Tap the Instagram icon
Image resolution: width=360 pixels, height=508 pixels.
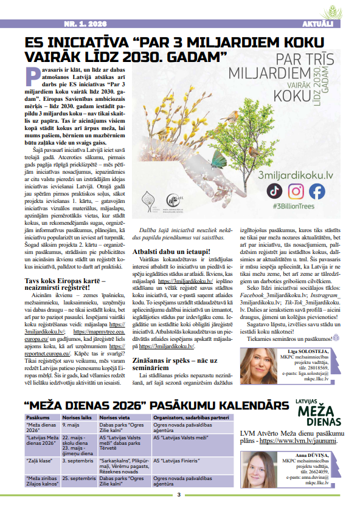click(x=296, y=191)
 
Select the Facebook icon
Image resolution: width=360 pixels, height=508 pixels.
click(x=317, y=191)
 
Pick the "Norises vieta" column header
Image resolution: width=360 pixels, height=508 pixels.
click(x=115, y=418)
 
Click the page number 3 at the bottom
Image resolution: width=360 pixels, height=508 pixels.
click(x=179, y=495)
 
